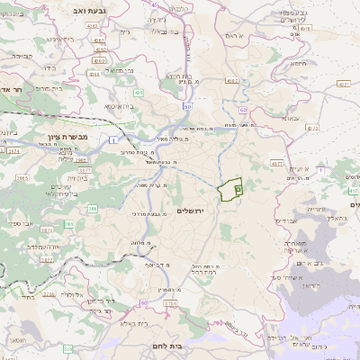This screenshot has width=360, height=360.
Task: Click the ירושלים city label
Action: pyautogui.click(x=192, y=210)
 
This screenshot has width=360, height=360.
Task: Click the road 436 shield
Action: pyautogui.click(x=138, y=92)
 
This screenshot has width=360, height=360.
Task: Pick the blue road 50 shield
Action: pyautogui.click(x=187, y=106)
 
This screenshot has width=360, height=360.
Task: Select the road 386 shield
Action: pyautogui.click(x=93, y=210)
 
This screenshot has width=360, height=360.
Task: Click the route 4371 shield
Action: pyautogui.click(x=344, y=84)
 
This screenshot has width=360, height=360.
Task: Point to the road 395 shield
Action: pyautogui.click(x=69, y=223)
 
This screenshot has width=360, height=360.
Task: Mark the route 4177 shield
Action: pyautogui.click(x=275, y=164)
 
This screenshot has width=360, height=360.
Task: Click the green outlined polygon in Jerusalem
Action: pyautogui.click(x=230, y=191)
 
